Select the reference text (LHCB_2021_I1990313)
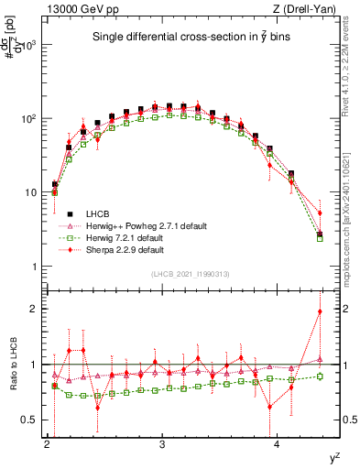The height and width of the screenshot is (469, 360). pyautogui.click(x=191, y=275)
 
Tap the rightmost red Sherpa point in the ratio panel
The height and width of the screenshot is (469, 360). pyautogui.click(x=320, y=311)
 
